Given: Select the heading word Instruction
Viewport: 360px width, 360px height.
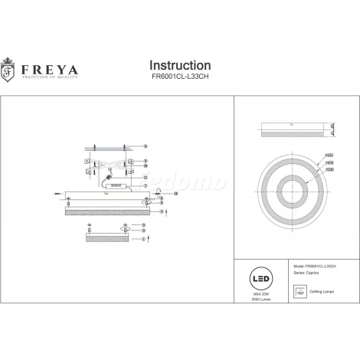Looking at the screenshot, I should (x=179, y=65).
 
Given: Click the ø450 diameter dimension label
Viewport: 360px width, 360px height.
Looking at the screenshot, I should (x=330, y=155).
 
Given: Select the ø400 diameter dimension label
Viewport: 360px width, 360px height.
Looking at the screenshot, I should (x=330, y=163).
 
